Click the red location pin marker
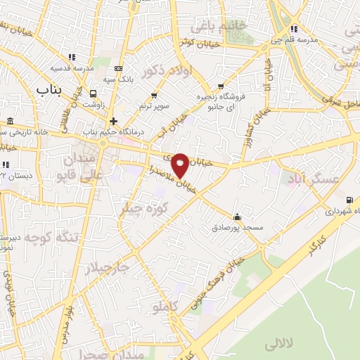point(181,165)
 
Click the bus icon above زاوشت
point(94,94)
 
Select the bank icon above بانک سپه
point(117,68)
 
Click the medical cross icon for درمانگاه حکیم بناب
point(113,121)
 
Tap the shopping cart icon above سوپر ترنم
point(154,94)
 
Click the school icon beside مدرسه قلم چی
point(294,29)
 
